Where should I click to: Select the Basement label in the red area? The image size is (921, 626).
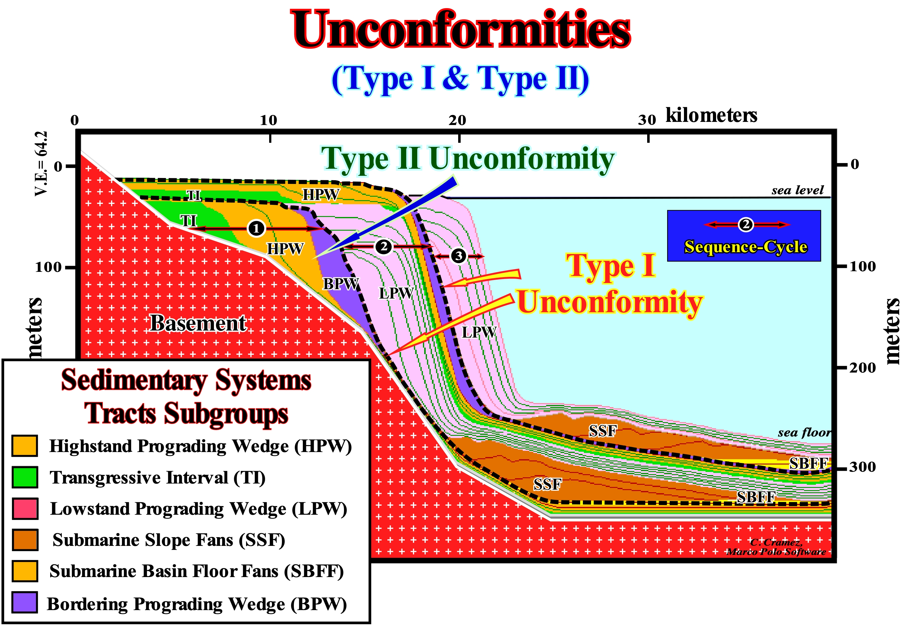[x=198, y=323]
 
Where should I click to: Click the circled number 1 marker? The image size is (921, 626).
[x=256, y=228]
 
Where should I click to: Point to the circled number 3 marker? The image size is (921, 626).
[x=458, y=256]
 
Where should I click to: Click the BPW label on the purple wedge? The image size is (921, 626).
[x=341, y=284]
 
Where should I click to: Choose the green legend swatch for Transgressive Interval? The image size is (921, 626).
[x=25, y=477]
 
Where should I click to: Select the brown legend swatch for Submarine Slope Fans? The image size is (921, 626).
[x=25, y=540]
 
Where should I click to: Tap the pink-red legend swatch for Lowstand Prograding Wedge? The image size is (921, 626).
[x=25, y=508]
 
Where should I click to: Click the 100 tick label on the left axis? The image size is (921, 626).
[x=48, y=267]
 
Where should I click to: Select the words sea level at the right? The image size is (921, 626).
[x=797, y=190]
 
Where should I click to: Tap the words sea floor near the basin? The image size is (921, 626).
[x=804, y=432]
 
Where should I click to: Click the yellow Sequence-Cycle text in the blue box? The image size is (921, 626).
[x=745, y=246]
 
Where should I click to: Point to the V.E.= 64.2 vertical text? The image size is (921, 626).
[x=41, y=163]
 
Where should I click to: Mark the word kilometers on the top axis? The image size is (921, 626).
[x=711, y=115]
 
